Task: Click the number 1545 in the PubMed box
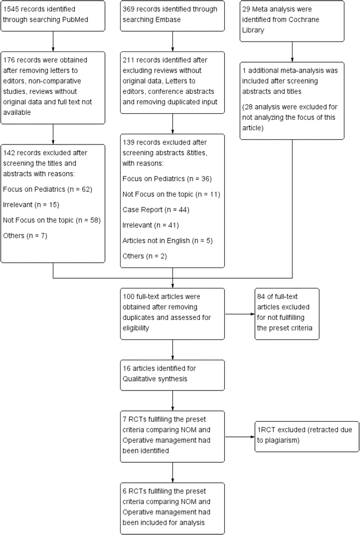coord(12,10)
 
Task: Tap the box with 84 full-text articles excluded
coord(287,313)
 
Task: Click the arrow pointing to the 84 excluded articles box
coord(239,313)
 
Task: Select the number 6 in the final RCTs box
coord(126,490)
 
